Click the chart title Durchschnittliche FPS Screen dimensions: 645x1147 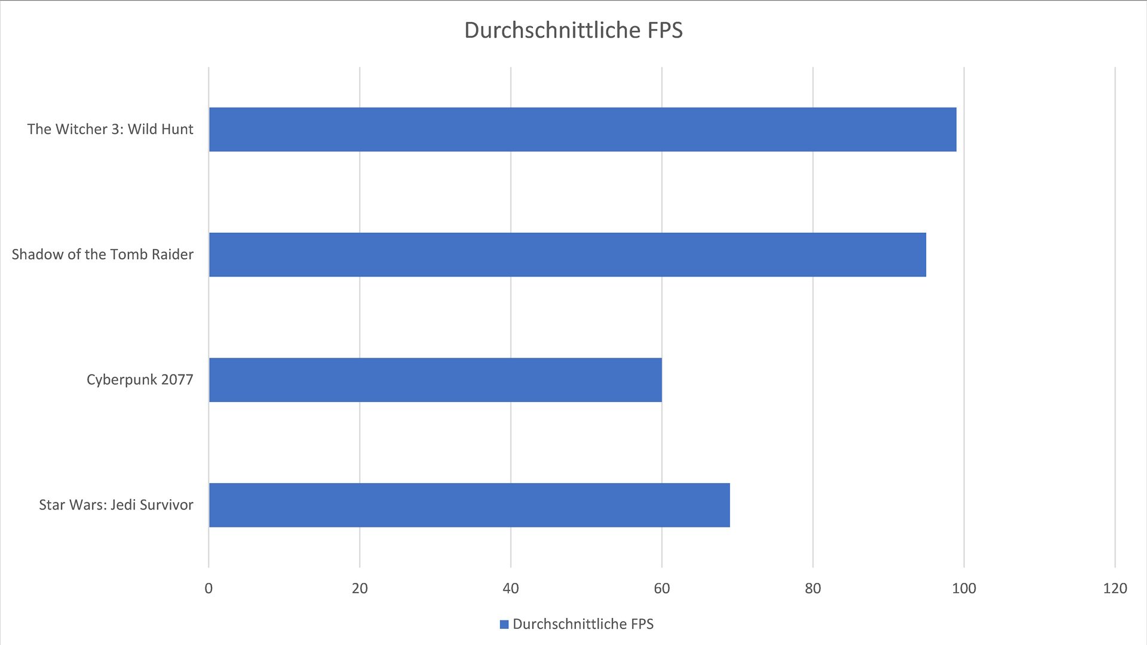(573, 30)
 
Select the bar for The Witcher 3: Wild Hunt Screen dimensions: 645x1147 (582, 130)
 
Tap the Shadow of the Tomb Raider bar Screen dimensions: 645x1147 (568, 255)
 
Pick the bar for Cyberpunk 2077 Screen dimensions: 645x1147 (436, 380)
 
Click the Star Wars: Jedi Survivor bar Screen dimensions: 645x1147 (470, 505)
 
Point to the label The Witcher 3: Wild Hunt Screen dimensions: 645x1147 (111, 130)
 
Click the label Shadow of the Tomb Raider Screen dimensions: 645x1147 (103, 255)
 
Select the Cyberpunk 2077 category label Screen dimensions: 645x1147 (140, 380)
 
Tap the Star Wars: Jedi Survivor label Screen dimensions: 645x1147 (116, 505)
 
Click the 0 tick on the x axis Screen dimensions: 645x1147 (208, 589)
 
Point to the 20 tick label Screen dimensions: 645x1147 (360, 589)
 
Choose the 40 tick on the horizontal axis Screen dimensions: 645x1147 (511, 589)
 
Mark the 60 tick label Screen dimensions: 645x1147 (662, 589)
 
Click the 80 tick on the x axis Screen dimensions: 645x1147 (813, 589)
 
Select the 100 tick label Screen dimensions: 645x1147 (964, 589)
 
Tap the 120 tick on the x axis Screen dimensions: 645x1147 (1115, 589)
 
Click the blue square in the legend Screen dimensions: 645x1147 (504, 625)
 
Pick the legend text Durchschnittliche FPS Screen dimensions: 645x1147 (583, 625)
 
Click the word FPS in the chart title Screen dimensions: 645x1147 (664, 30)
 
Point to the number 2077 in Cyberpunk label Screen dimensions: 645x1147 (177, 380)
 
